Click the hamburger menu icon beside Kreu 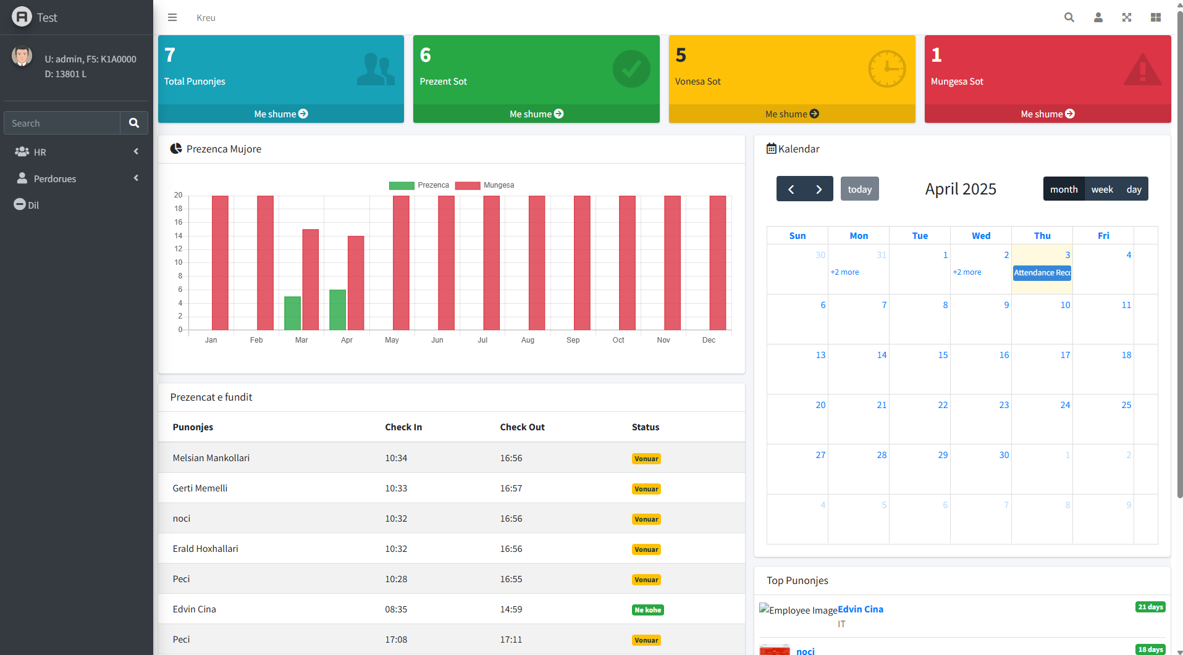[172, 18]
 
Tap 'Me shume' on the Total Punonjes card [280, 114]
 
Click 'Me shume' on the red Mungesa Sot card [1047, 114]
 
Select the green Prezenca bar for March [292, 313]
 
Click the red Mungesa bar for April [356, 283]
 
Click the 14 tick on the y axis [179, 236]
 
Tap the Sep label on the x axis [573, 340]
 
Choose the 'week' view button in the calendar [1101, 190]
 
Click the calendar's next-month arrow [819, 190]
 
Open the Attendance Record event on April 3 [1042, 273]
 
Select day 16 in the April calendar [1004, 355]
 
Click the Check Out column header [522, 427]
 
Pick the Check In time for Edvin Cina [396, 609]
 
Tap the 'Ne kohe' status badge [647, 610]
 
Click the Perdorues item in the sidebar [55, 179]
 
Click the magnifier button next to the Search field [133, 123]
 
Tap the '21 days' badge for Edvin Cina [1150, 607]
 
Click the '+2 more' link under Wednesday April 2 [967, 272]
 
